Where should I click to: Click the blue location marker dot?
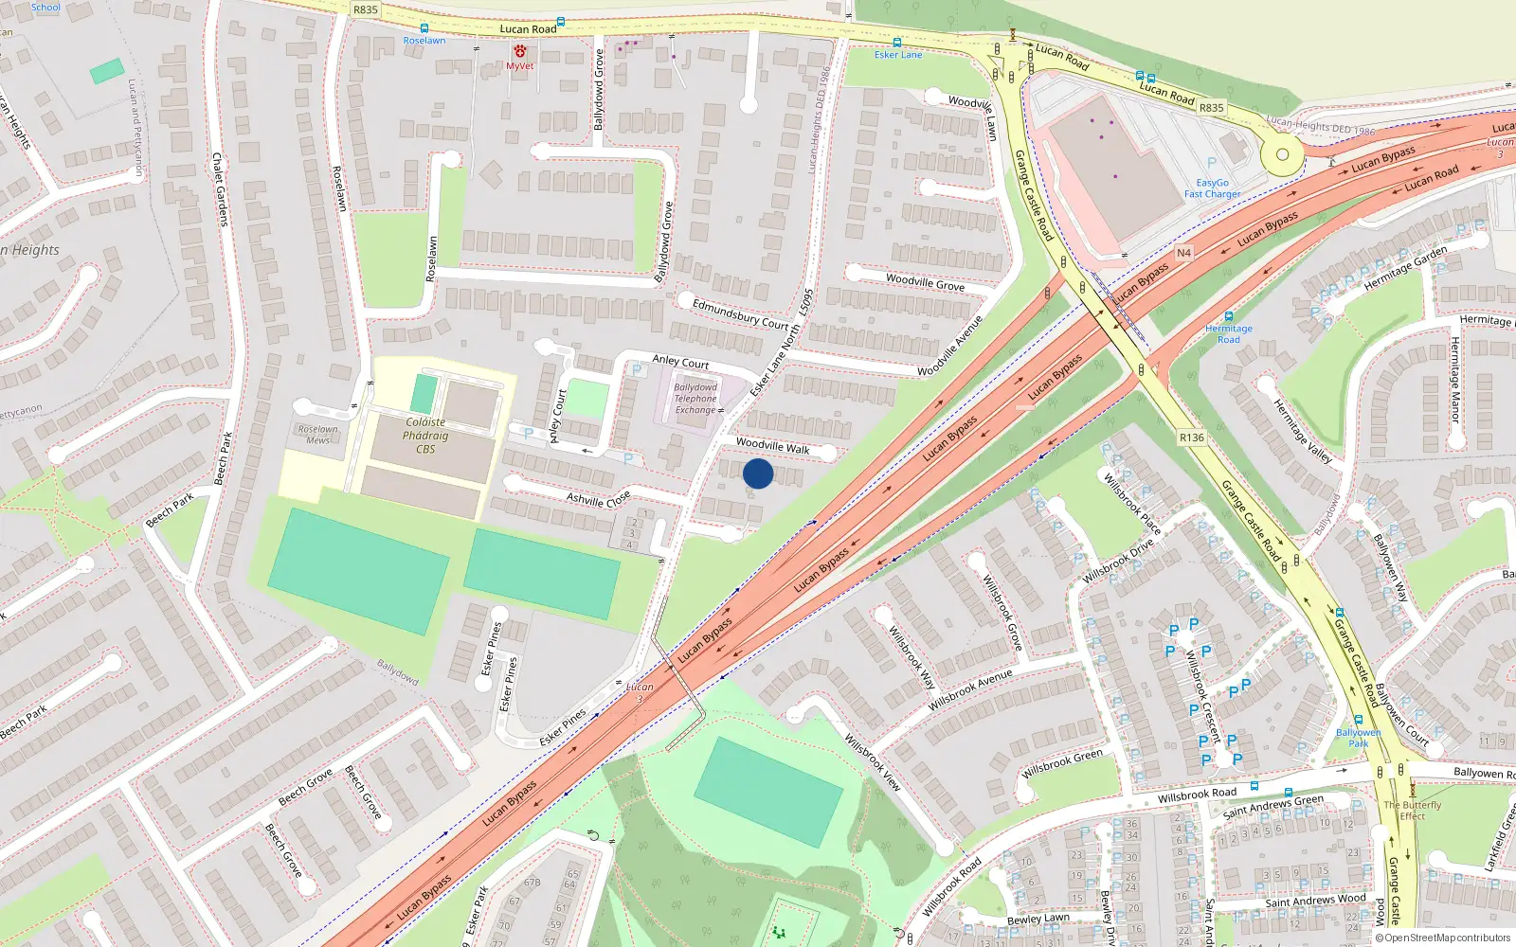click(x=758, y=473)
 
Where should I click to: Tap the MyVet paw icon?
click(x=519, y=51)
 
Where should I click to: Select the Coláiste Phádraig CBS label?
click(x=425, y=436)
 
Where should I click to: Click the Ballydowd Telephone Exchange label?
click(x=695, y=399)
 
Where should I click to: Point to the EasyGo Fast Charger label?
click(x=1212, y=188)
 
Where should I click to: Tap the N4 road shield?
click(x=1183, y=253)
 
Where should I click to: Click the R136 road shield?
click(x=1191, y=438)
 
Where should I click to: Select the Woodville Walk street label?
click(x=772, y=446)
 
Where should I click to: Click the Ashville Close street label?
click(x=598, y=498)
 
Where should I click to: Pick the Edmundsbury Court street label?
click(x=740, y=314)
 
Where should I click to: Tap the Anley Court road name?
click(x=680, y=362)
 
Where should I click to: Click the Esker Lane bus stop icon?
click(x=896, y=43)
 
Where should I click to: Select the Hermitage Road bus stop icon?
click(x=1229, y=316)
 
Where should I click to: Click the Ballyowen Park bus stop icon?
click(x=1358, y=721)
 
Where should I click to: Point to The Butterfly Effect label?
click(x=1412, y=810)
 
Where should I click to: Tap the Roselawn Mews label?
click(x=318, y=435)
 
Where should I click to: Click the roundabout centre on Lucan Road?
click(x=1282, y=154)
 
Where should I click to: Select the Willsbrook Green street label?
click(x=1062, y=763)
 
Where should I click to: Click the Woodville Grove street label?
click(x=925, y=282)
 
